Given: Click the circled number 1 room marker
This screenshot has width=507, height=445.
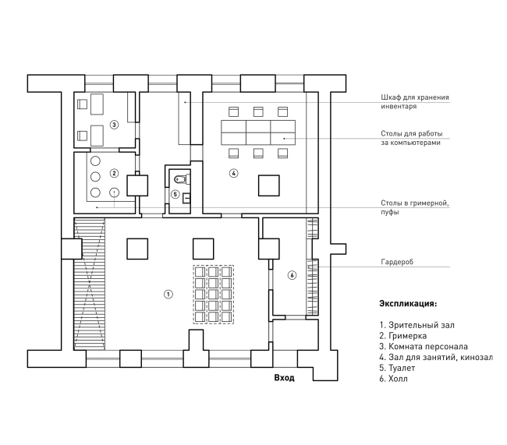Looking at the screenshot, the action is point(168,294).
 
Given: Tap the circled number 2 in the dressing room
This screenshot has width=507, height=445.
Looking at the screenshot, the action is point(114,173).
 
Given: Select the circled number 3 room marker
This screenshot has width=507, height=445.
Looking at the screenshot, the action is point(114,125).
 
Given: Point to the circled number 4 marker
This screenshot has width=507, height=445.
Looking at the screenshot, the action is point(233,173).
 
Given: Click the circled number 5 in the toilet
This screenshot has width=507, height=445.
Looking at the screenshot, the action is point(175,194).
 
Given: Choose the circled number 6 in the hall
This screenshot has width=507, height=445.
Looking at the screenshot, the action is point(292,275).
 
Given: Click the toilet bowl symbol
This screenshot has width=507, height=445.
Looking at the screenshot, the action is point(183,178).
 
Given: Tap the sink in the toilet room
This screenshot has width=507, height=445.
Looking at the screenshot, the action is point(186,197).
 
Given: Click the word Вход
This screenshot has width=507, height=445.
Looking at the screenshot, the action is point(284,377).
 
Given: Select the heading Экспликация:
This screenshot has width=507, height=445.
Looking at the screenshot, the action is point(408,304).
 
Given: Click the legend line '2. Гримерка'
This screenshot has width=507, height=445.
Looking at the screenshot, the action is point(403,336).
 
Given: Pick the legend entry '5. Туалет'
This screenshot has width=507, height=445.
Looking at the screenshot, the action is point(397,368).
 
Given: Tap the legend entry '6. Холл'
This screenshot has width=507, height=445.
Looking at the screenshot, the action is point(393,379).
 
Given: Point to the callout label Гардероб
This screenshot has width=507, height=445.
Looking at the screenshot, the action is point(397,262).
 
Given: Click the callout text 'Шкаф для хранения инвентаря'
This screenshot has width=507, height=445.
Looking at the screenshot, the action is point(415,102).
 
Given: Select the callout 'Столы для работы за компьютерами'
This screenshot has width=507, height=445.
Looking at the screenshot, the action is point(412,138).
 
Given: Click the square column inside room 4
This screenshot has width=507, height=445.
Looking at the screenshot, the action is point(268,185).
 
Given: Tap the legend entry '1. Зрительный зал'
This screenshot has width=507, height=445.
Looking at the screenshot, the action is point(417,325).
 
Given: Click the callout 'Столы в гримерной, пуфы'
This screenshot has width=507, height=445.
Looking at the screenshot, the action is point(415,207).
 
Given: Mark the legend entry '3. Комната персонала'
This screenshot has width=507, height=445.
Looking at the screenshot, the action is point(424,347).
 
